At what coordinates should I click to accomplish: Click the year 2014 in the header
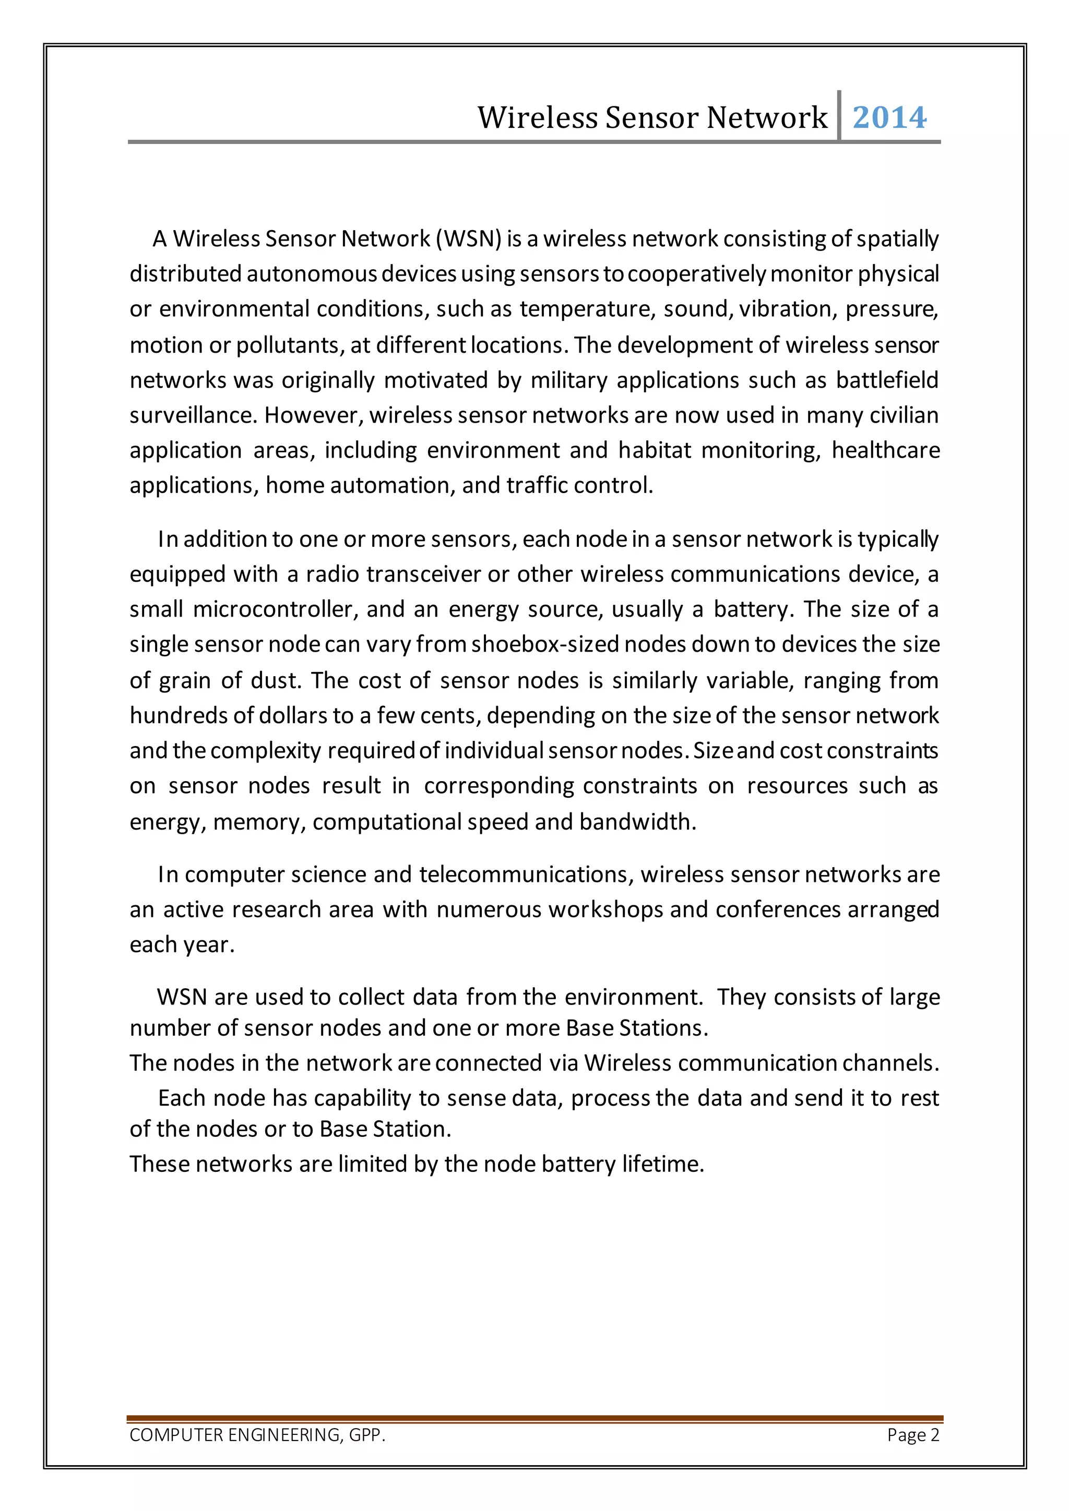click(889, 118)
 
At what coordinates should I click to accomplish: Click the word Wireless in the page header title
click(537, 118)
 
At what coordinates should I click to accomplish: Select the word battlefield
click(887, 380)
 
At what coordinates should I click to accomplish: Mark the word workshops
click(606, 909)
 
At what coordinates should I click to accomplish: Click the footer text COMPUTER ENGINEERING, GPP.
click(257, 1435)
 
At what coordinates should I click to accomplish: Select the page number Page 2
click(913, 1435)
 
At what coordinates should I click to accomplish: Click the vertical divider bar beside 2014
click(839, 116)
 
